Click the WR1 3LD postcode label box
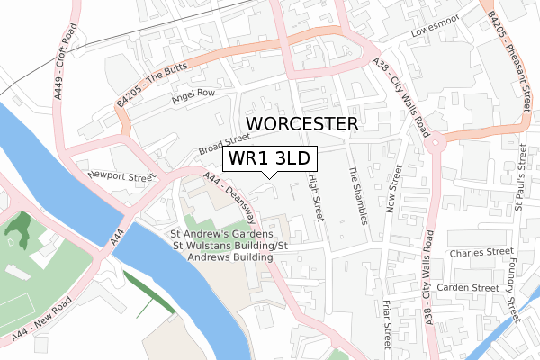(x=270, y=158)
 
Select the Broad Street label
(x=224, y=144)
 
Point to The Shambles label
(x=358, y=196)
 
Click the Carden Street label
(x=467, y=287)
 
